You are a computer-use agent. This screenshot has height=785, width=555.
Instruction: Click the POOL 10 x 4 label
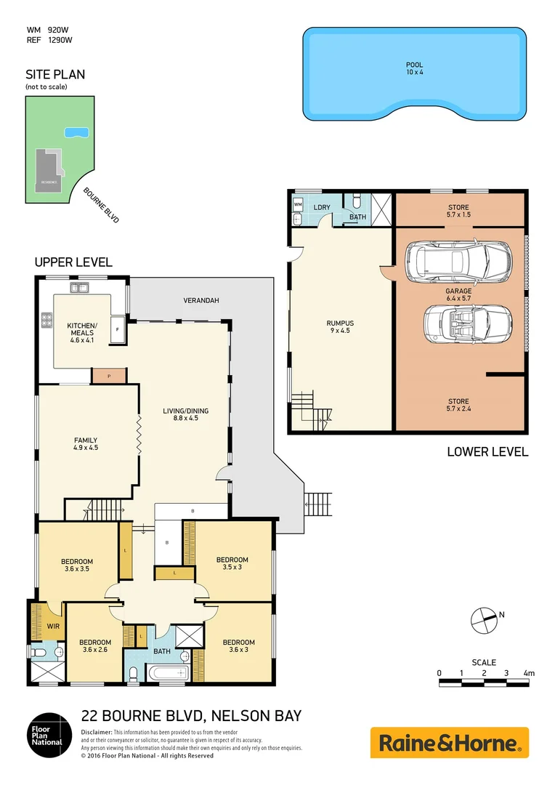tap(414, 69)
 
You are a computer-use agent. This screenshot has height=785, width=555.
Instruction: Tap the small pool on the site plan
tap(76, 132)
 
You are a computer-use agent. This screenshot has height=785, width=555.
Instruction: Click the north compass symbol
tap(482, 619)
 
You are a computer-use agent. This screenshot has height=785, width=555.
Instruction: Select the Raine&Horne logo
tap(450, 743)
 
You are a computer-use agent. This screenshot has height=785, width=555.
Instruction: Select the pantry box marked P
tap(108, 376)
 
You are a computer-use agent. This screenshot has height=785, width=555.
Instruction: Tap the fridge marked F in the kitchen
tap(118, 329)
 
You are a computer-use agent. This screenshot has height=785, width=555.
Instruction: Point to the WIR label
tap(53, 625)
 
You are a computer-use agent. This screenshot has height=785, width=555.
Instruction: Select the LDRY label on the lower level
tap(322, 208)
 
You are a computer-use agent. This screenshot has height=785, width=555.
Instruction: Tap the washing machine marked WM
tap(298, 206)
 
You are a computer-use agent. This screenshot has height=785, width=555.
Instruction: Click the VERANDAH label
tap(201, 300)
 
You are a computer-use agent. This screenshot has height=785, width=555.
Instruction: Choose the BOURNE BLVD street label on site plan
tap(100, 205)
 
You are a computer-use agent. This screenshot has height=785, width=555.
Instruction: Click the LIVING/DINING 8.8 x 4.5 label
tap(185, 414)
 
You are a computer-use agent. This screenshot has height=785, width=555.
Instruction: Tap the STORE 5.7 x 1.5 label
tap(458, 211)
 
